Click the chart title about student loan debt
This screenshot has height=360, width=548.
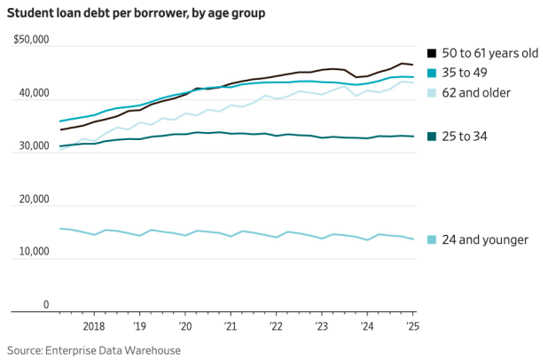(137, 13)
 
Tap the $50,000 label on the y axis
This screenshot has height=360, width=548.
(31, 41)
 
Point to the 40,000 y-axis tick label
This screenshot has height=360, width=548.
(33, 93)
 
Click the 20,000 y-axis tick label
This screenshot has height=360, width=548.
(33, 200)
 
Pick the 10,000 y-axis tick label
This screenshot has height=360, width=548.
(33, 253)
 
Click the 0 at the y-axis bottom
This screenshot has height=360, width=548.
(45, 305)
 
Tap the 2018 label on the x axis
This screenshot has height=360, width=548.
(93, 326)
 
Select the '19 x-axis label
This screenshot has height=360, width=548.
(139, 326)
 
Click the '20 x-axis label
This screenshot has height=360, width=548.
(185, 326)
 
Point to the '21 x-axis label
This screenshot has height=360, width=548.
(231, 326)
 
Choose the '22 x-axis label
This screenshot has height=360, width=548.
(276, 326)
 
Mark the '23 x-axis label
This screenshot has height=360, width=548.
(321, 326)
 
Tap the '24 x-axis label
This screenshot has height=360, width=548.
(367, 326)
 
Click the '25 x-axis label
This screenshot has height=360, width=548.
(412, 326)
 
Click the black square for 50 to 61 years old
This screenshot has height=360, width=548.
(432, 53)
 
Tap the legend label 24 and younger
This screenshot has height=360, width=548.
(484, 239)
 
